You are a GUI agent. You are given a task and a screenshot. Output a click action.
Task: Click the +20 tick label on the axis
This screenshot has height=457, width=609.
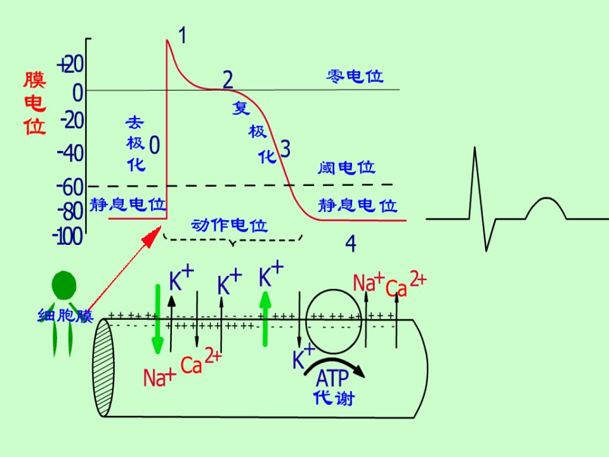(x=70, y=65)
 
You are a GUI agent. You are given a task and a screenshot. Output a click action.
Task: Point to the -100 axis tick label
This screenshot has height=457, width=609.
(x=68, y=236)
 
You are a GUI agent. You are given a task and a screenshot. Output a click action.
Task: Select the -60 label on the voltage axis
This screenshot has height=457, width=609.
(x=70, y=188)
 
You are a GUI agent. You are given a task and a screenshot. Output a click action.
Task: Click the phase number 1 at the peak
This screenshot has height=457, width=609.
(x=183, y=36)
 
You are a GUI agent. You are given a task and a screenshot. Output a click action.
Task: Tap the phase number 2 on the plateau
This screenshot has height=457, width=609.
(x=228, y=80)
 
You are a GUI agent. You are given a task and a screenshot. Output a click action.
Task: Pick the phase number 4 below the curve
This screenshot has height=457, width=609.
(x=351, y=244)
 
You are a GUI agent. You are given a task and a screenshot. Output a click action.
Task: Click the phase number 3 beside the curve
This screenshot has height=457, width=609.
(x=285, y=149)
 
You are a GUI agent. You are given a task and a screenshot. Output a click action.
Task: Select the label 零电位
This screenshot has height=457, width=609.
(x=355, y=77)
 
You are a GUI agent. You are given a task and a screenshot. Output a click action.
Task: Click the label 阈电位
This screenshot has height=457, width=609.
(x=346, y=168)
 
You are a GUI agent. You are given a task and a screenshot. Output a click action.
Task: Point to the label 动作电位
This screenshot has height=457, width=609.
(x=230, y=225)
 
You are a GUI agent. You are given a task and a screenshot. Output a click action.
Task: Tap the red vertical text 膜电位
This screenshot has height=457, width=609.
(x=34, y=103)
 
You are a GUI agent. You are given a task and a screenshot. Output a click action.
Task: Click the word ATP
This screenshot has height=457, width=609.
(x=332, y=378)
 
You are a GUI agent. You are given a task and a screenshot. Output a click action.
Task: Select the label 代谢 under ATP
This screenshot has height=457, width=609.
(x=334, y=398)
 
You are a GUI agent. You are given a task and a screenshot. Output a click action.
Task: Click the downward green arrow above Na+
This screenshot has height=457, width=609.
(x=158, y=319)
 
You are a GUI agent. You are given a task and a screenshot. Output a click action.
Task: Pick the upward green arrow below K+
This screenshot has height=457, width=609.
(x=265, y=319)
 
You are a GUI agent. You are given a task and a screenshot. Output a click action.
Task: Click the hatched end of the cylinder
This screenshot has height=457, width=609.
(x=103, y=368)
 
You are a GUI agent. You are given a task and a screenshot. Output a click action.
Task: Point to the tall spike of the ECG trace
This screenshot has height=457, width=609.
(x=475, y=183)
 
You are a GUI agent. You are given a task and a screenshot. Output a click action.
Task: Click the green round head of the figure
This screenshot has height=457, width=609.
(x=64, y=286)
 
